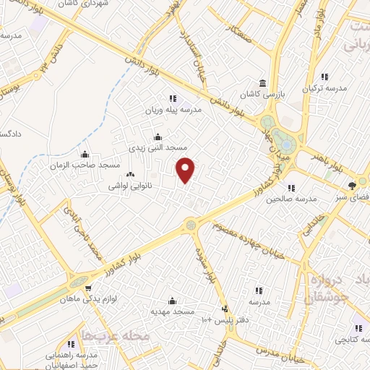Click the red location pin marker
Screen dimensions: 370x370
[x=186, y=169]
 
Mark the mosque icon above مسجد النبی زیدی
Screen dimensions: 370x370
[x=158, y=136]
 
